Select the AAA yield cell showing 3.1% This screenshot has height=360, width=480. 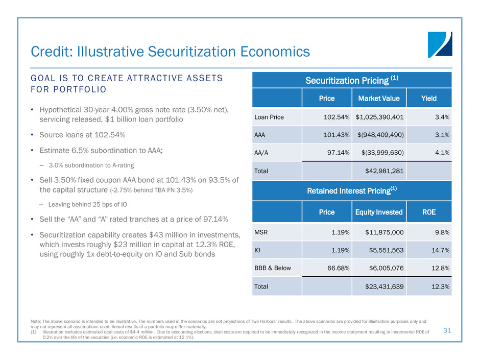point(442,135)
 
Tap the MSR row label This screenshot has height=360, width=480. point(261,232)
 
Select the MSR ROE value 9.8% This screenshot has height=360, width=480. point(442,232)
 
